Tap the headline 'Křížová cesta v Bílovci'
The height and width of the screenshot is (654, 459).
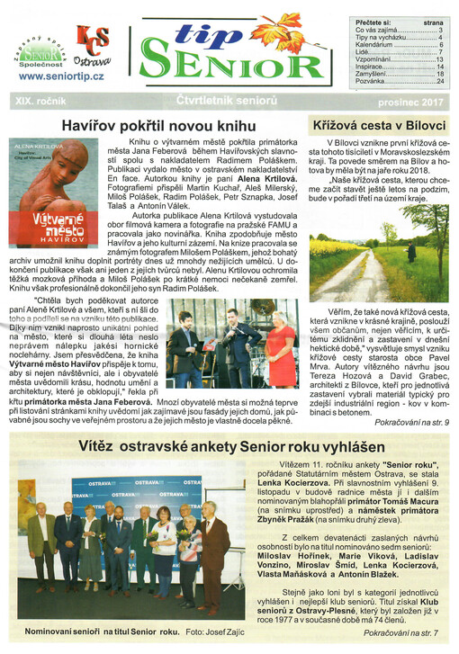click(378, 125)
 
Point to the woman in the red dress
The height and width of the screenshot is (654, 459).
click(281, 346)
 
